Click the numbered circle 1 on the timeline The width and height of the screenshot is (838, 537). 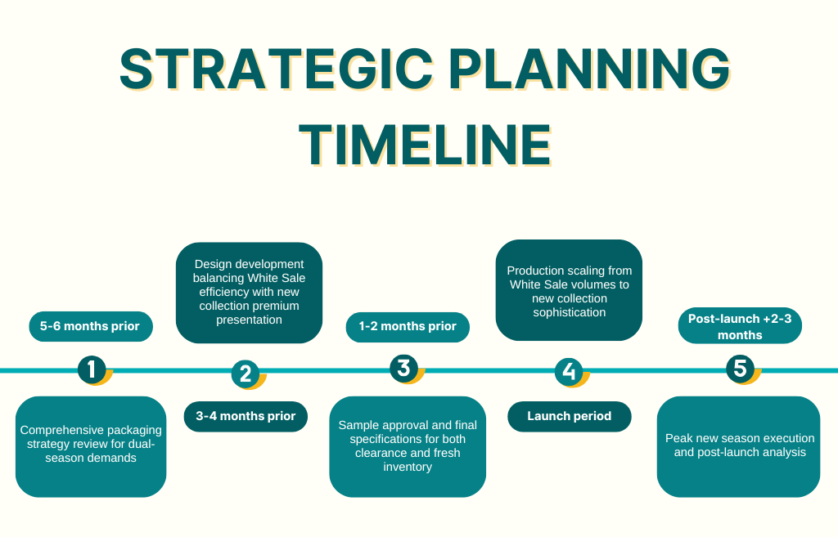[92, 369]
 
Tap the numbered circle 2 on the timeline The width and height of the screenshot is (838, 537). [246, 374]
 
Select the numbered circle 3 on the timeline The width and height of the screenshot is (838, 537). [403, 369]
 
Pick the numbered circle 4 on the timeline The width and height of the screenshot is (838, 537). [569, 372]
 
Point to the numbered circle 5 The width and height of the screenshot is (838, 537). [740, 369]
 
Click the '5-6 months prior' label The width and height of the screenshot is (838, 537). [91, 326]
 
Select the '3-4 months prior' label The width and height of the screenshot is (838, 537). [246, 416]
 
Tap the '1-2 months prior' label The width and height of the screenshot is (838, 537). [408, 327]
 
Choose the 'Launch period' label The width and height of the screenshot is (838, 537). [570, 416]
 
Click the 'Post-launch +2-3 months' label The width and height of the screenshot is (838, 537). [740, 326]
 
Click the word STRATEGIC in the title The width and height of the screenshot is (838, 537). [277, 69]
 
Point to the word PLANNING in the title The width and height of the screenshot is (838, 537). [589, 69]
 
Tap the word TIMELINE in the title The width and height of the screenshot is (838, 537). [425, 145]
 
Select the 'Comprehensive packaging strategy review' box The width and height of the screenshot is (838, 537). [91, 447]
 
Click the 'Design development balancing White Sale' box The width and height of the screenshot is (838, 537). [249, 293]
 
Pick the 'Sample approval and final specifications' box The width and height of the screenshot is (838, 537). [408, 447]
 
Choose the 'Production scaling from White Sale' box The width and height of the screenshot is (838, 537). [570, 290]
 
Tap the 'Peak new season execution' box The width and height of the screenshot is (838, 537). [739, 447]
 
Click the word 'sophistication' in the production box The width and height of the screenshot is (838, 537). [570, 312]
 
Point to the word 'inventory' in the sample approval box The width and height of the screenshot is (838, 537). [408, 467]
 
